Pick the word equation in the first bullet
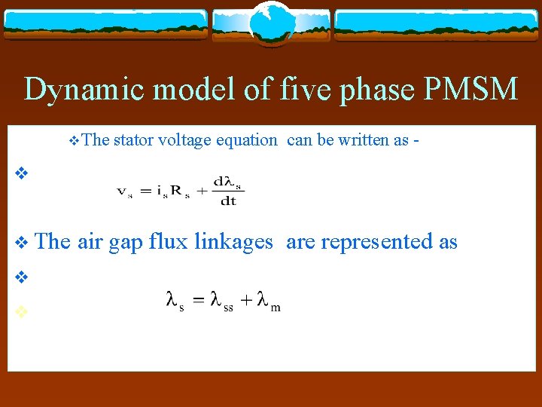point(246,139)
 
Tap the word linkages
point(233,242)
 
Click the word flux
point(169,242)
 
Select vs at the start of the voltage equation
point(123,191)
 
